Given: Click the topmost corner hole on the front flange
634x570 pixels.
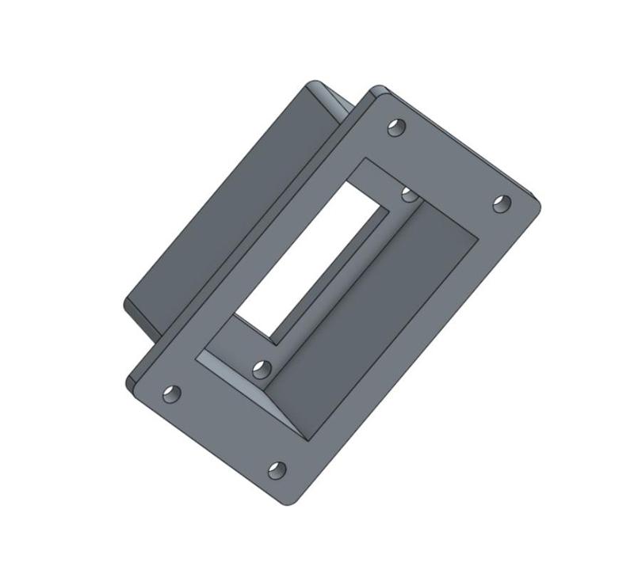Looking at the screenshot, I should coord(396,127).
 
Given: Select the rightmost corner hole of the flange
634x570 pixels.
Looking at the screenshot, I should coord(502,203).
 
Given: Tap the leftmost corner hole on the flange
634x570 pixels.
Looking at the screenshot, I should coord(171,393).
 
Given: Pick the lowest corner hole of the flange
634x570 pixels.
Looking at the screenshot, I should coord(277,470).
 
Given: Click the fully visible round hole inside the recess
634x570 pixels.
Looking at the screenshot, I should coord(262,370).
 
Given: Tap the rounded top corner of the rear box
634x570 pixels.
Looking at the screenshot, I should coord(314,84).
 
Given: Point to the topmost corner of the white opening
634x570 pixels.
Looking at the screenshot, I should coord(347,180).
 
